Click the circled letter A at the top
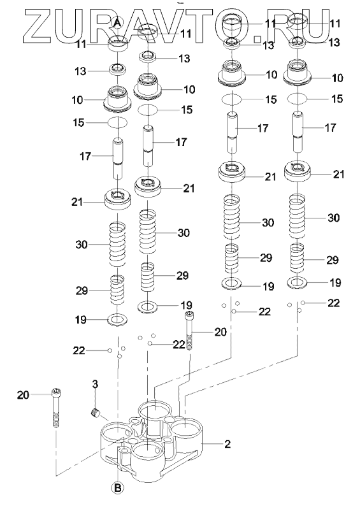[x=117, y=22]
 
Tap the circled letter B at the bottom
[x=117, y=487]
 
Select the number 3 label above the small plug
[x=95, y=384]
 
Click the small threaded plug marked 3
[x=94, y=414]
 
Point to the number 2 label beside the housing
[x=227, y=443]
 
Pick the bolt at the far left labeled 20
[x=56, y=408]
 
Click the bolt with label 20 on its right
[x=189, y=331]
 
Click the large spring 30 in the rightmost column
[x=298, y=217]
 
